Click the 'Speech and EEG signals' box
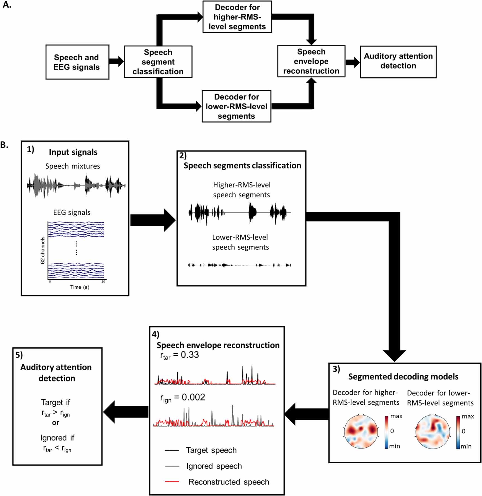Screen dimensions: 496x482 (77, 62)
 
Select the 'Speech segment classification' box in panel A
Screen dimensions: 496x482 (158, 62)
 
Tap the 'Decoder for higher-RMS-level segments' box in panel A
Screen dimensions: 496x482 (237, 17)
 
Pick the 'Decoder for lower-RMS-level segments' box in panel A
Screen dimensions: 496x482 (236, 106)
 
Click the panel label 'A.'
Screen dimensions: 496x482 (7, 5)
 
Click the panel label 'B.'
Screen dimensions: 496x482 (4, 145)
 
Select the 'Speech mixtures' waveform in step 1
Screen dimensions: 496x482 (76, 185)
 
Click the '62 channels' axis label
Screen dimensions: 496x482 (43, 250)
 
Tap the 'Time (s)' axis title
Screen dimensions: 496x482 (80, 287)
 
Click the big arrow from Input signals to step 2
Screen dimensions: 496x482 (152, 220)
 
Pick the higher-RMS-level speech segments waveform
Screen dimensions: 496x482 (239, 213)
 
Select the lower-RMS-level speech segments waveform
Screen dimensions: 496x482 (239, 265)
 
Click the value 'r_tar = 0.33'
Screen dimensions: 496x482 (179, 355)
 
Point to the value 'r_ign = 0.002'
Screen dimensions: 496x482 (182, 398)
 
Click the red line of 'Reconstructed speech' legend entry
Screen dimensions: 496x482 (172, 482)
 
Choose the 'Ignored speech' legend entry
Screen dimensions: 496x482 (214, 466)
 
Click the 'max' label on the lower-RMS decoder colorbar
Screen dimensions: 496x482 (468, 416)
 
